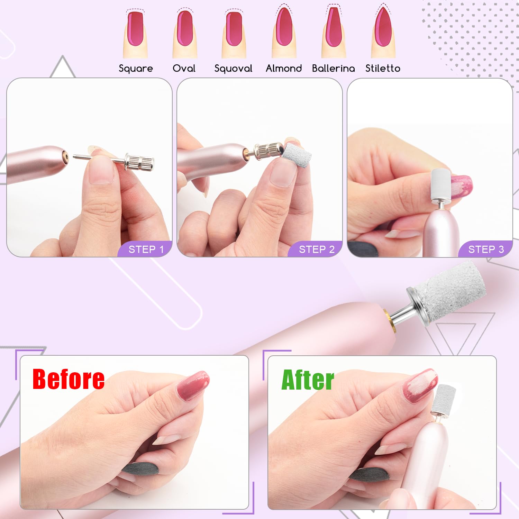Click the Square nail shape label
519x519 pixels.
click(x=136, y=69)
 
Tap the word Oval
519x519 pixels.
click(x=184, y=68)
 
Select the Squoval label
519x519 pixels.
click(x=233, y=69)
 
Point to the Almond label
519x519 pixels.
click(x=284, y=68)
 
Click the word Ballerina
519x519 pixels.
click(x=333, y=68)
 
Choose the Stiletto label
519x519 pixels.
click(x=383, y=68)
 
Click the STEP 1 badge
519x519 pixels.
click(x=146, y=249)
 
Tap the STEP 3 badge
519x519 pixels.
click(x=486, y=249)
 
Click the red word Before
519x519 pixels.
click(x=69, y=379)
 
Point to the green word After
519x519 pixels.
click(x=308, y=380)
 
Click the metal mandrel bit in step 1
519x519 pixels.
click(x=119, y=161)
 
